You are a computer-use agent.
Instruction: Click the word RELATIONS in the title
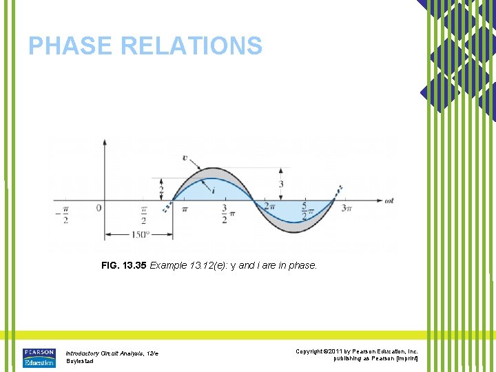pos(191,46)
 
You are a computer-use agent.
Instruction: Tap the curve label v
pos(185,158)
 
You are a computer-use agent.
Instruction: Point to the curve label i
pos(214,189)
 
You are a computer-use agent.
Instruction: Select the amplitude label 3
pos(281,184)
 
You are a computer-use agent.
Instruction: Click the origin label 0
pos(99,207)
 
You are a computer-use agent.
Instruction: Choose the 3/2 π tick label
pos(225,214)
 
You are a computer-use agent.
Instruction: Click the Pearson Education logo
pos(39,358)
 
